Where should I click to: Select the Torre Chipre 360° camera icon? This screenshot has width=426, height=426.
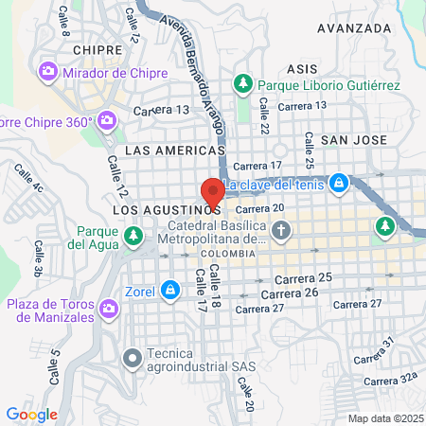tap(106, 120)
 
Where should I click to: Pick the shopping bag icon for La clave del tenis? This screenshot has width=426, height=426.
tap(338, 182)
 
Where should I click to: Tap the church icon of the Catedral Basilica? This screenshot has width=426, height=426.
tap(281, 230)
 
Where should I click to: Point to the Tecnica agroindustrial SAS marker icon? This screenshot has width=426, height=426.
tap(132, 357)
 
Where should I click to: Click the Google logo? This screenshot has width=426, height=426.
tap(31, 415)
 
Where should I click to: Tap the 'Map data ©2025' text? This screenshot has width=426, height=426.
tap(385, 418)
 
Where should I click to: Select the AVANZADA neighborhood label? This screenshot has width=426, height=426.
tap(354, 28)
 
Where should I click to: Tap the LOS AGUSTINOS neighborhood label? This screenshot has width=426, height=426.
tap(167, 207)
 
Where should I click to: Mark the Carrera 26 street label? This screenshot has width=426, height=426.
tap(304, 293)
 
